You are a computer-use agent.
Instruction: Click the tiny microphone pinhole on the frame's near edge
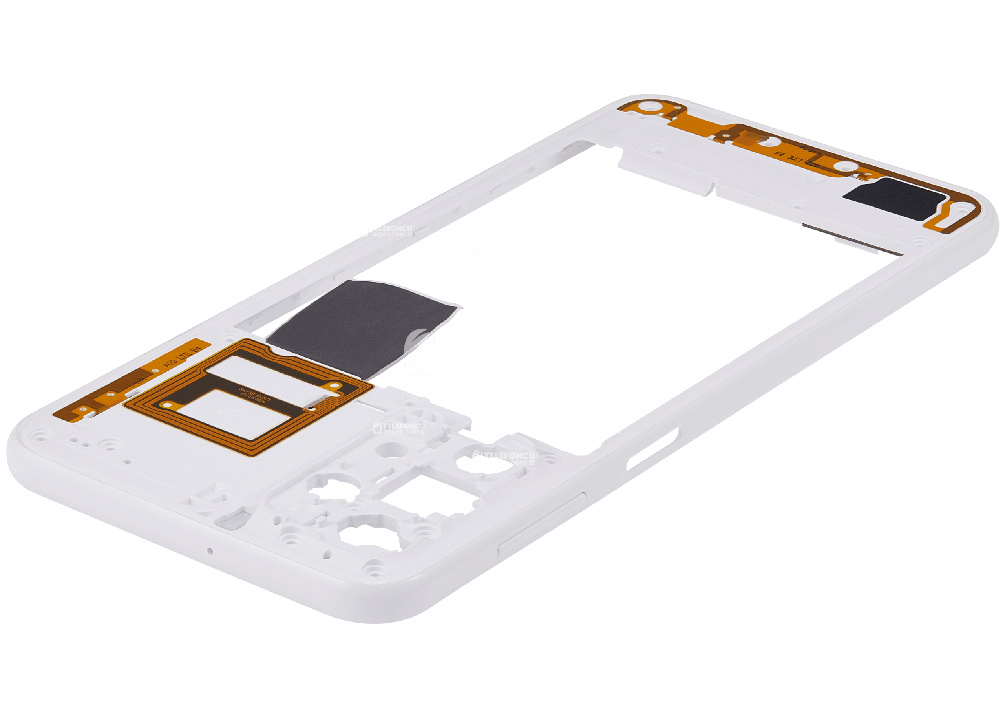point(210,551)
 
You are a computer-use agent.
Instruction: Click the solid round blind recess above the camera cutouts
point(388,449)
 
